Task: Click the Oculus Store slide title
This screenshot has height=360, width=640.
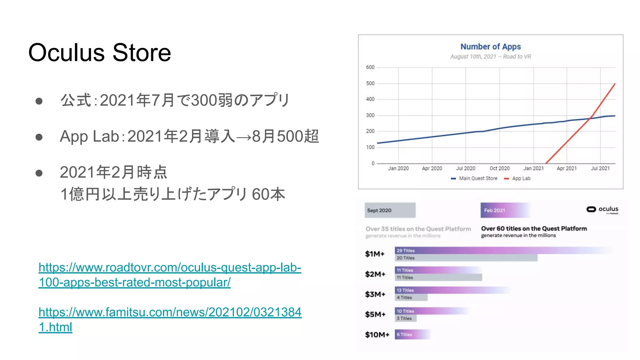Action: coord(99,52)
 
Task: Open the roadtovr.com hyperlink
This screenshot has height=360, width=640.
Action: coord(170,275)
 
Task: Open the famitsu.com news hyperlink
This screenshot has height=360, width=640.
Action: coord(170,319)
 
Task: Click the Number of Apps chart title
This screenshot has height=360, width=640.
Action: coord(490,47)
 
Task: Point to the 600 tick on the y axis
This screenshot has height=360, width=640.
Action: coord(370,67)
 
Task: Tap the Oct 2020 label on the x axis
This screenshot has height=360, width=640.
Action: coord(499,168)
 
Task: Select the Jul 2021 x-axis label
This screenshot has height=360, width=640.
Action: coord(600,168)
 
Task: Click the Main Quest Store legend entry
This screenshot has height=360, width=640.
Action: coord(478,178)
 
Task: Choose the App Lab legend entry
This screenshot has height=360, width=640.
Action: coord(521,178)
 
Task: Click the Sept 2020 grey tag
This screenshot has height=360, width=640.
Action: coord(390,210)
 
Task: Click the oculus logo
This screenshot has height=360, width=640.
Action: coord(602,209)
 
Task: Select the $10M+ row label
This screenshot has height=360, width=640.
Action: coord(377,335)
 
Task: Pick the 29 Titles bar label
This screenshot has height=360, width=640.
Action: coord(406,251)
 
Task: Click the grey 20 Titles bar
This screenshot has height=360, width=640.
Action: coord(466,258)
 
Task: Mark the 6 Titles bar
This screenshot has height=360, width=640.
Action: coord(412,334)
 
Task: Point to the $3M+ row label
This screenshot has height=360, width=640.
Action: coord(375,294)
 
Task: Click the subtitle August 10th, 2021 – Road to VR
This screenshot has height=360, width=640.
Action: coord(490,57)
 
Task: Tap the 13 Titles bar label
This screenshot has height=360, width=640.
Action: coord(405,290)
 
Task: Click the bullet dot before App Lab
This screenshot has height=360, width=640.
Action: coord(39,137)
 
